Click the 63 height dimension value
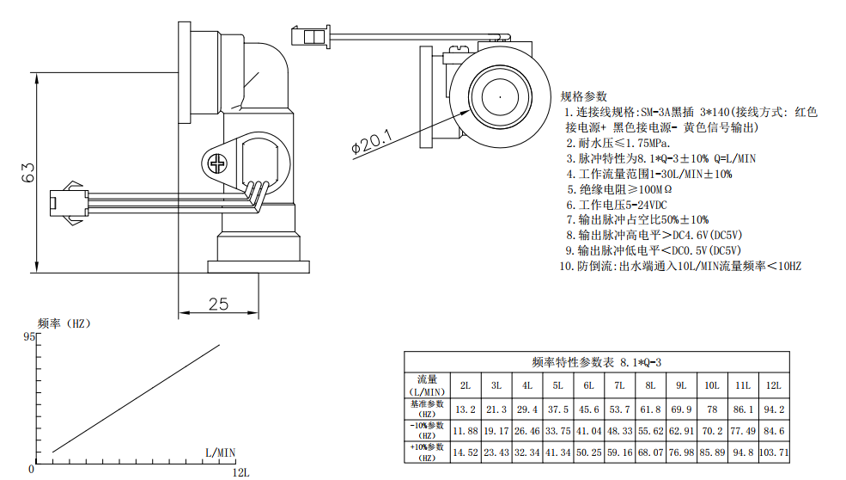pyautogui.click(x=28, y=172)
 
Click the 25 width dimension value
pyautogui.click(x=218, y=305)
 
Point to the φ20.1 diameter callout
pyautogui.click(x=372, y=142)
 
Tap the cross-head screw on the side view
pyautogui.click(x=217, y=163)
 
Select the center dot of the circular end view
pyautogui.click(x=500, y=97)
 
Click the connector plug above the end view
pyautogui.click(x=310, y=37)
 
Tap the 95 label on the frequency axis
pyautogui.click(x=29, y=336)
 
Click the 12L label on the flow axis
pyautogui.click(x=240, y=472)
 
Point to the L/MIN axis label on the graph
pyautogui.click(x=220, y=453)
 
